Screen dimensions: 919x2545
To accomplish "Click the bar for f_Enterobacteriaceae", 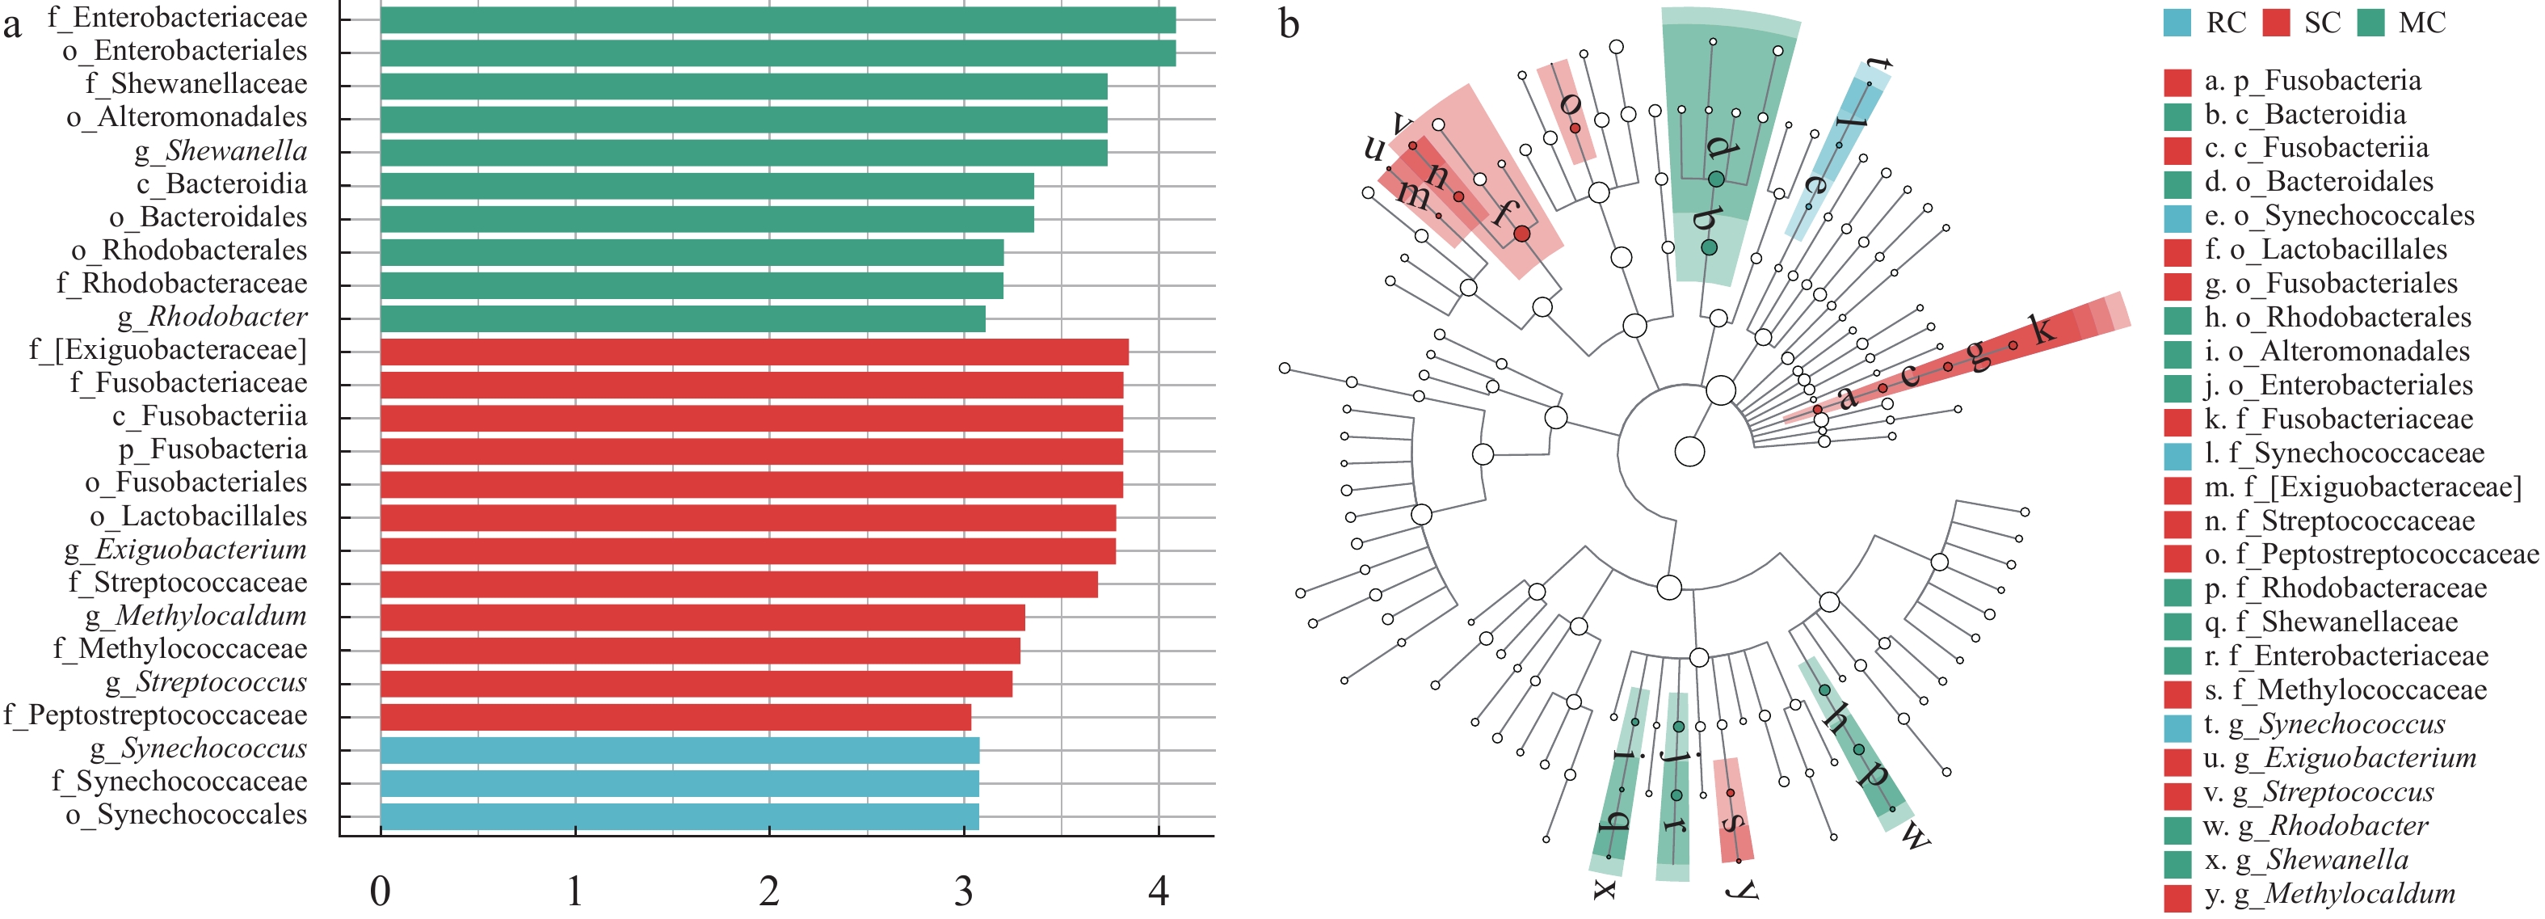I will tap(777, 19).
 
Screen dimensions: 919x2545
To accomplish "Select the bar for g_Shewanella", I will tap(743, 152).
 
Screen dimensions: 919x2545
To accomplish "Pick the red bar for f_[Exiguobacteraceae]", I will tap(754, 352).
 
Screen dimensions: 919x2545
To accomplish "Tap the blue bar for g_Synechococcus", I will tap(679, 750).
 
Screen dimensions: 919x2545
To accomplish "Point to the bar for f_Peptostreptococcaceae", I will tap(675, 716).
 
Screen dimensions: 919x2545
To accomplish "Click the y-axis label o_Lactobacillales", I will tap(199, 516).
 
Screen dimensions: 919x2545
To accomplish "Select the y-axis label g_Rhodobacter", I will tap(212, 317).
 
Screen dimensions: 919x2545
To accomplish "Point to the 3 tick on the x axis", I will tap(963, 892).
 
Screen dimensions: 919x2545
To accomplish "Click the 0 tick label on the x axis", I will tap(381, 892).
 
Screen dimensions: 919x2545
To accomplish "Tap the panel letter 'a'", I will tap(12, 23).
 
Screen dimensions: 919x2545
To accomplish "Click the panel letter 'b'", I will tap(1289, 23).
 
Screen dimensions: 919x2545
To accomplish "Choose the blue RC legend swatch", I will tap(2177, 23).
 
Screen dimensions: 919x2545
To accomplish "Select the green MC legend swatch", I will tap(2370, 23).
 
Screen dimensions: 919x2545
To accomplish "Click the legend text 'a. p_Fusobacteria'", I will tap(2312, 81).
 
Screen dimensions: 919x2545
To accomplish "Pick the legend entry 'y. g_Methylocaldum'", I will tap(2329, 894).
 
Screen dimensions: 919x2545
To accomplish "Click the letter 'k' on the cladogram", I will tap(2041, 328).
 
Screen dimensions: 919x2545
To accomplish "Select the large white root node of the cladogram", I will tap(1690, 452).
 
